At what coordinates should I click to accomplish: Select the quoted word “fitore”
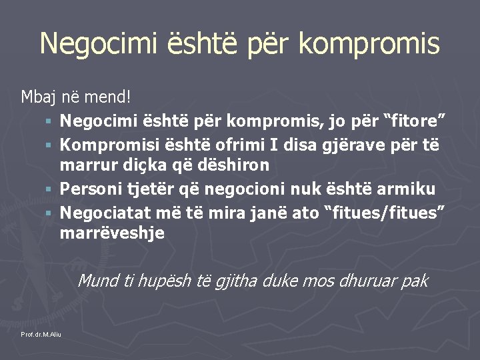click(x=413, y=121)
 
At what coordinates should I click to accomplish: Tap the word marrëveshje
click(x=112, y=233)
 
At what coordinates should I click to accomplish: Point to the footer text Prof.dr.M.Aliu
click(x=41, y=333)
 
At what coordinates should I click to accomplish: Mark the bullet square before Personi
click(x=49, y=189)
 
